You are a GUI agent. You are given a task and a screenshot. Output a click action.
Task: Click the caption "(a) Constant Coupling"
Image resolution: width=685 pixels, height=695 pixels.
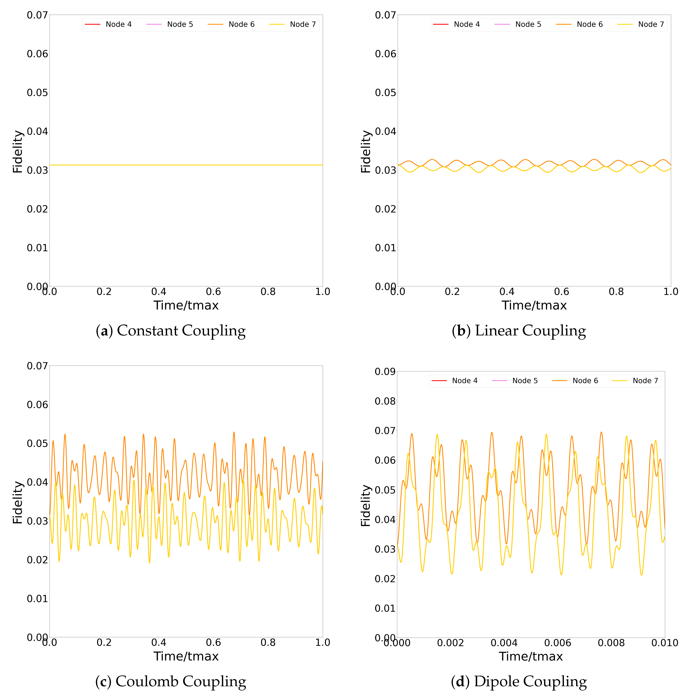(x=171, y=331)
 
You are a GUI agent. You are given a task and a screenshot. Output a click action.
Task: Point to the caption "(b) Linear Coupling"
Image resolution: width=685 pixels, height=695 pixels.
(x=519, y=331)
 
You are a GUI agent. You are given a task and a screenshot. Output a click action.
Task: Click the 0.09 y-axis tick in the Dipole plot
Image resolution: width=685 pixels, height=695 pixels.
(x=385, y=372)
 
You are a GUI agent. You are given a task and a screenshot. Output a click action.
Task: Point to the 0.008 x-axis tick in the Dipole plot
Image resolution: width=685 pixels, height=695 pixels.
(x=611, y=643)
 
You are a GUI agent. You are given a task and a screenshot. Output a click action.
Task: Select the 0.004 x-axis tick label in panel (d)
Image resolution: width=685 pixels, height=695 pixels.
(x=504, y=643)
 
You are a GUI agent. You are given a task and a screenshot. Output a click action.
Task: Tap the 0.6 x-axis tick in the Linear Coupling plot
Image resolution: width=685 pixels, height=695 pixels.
(x=562, y=292)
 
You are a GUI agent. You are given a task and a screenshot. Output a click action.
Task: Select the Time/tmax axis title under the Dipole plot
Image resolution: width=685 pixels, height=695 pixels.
(x=531, y=657)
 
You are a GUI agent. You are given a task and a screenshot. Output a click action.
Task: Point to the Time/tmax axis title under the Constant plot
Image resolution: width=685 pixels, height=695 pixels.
(x=186, y=305)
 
